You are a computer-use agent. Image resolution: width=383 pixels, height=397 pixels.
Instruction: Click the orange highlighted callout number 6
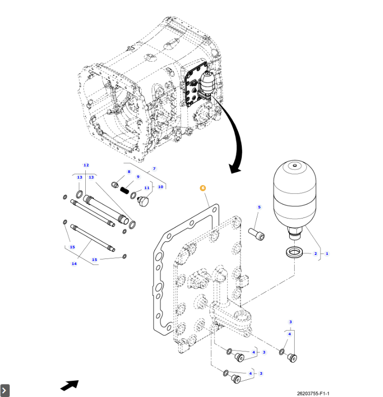pyautogui.click(x=203, y=188)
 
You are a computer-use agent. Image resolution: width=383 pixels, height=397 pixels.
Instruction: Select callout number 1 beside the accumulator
pyautogui.click(x=326, y=253)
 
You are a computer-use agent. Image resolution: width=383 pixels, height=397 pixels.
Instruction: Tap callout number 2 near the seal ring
pyautogui.click(x=315, y=253)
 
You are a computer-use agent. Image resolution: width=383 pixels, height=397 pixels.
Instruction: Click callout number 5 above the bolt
pyautogui.click(x=259, y=207)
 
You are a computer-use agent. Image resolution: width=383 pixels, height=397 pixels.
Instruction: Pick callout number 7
pyautogui.click(x=154, y=168)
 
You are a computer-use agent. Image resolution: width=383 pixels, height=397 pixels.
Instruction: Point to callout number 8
pyautogui.click(x=129, y=172)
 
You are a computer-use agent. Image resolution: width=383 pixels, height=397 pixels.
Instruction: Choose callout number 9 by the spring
pyautogui.click(x=138, y=177)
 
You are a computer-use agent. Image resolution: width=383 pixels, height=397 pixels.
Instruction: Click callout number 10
pyautogui.click(x=160, y=187)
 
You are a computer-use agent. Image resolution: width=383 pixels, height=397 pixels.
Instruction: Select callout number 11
pyautogui.click(x=147, y=188)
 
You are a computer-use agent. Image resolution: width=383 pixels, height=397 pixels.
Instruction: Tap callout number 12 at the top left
pyautogui.click(x=86, y=165)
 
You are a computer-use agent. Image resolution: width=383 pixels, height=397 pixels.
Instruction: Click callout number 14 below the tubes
pyautogui.click(x=74, y=263)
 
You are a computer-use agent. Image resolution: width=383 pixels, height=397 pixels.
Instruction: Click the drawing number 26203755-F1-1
pyautogui.click(x=316, y=393)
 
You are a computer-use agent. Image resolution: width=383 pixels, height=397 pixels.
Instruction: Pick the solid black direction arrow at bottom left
pyautogui.click(x=70, y=385)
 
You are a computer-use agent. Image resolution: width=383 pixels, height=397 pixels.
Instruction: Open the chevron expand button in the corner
pyautogui.click(x=5, y=390)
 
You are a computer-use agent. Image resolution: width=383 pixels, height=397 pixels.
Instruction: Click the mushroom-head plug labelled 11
pyautogui.click(x=144, y=202)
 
